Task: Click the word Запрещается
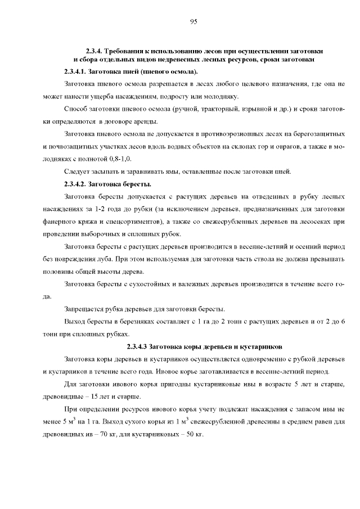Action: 84,309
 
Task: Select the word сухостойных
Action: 136,283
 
